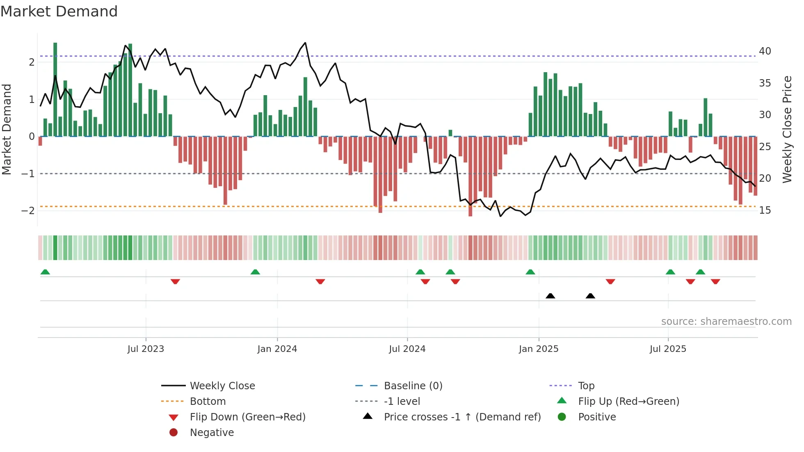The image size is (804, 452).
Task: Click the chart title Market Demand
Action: click(59, 11)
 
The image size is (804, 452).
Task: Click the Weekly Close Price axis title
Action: click(787, 129)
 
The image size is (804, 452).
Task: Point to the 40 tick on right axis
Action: click(765, 51)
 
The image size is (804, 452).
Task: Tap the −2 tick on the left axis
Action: click(28, 210)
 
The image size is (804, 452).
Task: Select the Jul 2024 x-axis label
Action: click(407, 349)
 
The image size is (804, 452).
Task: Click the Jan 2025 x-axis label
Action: click(538, 349)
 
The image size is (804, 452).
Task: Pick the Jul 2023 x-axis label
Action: click(146, 349)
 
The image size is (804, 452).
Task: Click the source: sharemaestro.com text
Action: click(726, 322)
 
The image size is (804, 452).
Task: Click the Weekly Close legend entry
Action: click(222, 386)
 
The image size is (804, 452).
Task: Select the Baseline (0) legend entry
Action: click(413, 386)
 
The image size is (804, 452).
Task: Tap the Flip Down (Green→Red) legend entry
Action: click(247, 417)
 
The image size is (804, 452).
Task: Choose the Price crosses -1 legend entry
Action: click(462, 417)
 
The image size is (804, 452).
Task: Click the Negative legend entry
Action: click(212, 433)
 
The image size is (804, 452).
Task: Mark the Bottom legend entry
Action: click(208, 402)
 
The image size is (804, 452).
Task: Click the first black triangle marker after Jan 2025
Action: click(550, 296)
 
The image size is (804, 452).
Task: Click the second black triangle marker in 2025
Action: click(590, 296)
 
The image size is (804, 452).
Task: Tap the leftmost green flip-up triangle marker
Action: click(45, 272)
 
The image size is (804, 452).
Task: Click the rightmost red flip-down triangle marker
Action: click(715, 281)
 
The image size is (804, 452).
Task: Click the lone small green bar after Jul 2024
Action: click(450, 133)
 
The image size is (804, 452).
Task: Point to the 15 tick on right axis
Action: click(765, 210)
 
